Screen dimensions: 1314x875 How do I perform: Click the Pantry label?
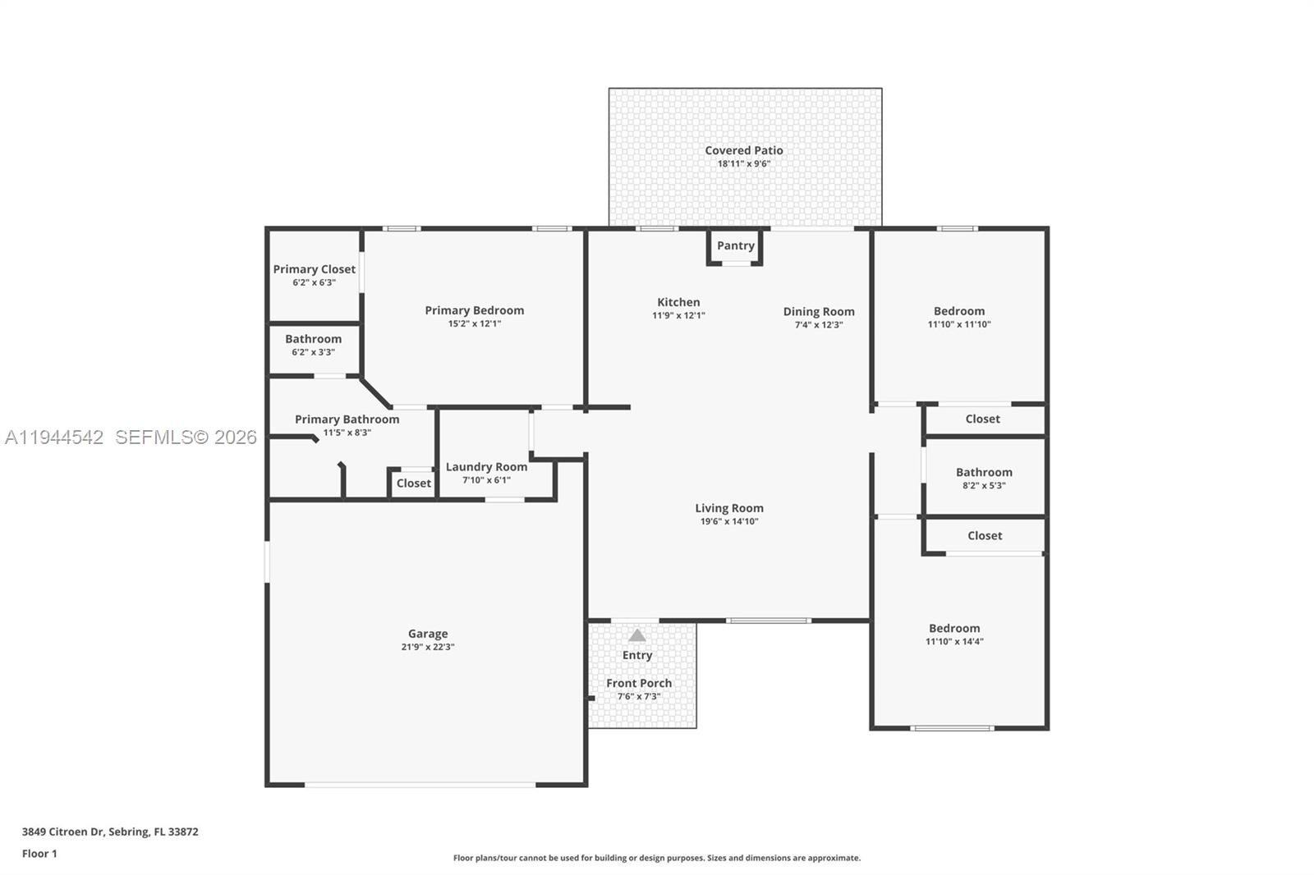[736, 245]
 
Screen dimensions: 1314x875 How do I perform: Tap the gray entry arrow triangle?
[637, 635]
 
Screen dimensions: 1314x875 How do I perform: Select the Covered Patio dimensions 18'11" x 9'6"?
[744, 163]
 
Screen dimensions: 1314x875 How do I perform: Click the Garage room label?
[428, 634]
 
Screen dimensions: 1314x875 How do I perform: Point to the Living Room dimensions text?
[729, 521]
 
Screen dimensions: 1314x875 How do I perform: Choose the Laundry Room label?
[486, 467]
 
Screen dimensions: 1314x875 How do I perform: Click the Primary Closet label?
[315, 269]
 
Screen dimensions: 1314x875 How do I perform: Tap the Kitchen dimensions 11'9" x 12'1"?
[678, 315]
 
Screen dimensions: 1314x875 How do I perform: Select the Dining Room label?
[819, 312]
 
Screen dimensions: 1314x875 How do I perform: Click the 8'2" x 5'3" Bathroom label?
[985, 472]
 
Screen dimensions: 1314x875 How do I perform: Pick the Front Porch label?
[639, 683]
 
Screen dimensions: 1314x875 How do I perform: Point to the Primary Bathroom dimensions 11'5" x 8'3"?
[347, 433]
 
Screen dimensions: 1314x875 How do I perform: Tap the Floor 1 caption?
[40, 854]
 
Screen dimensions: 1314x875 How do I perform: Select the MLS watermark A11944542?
[54, 437]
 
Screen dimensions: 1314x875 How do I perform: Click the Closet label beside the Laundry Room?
[414, 483]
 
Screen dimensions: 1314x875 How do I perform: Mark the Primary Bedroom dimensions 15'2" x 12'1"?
[475, 323]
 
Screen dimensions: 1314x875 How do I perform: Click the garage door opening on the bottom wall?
[420, 785]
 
